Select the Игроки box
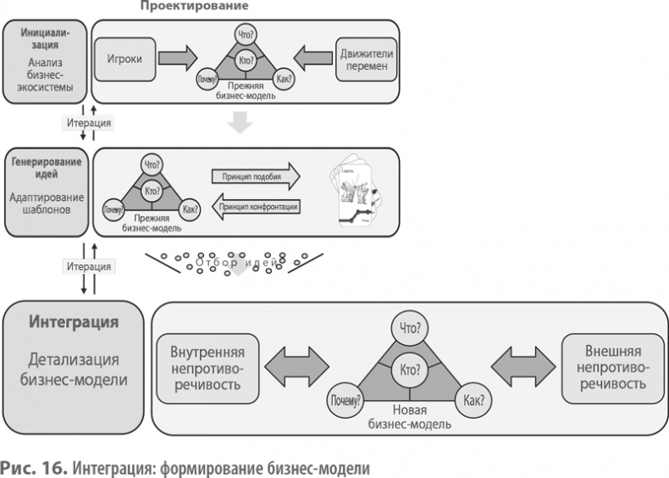coord(124,59)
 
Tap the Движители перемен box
coord(367,59)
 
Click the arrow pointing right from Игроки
coord(178,59)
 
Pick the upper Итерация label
coord(88,122)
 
